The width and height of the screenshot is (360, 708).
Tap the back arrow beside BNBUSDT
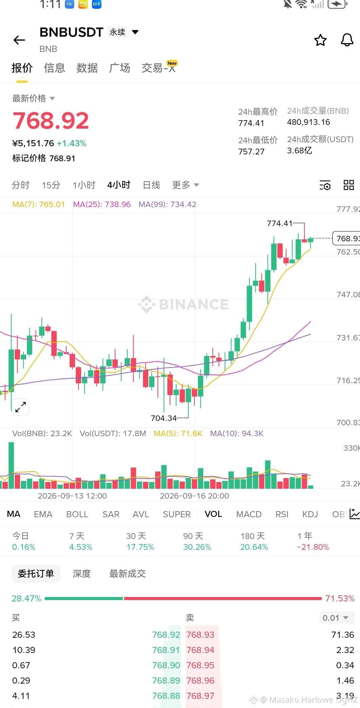(x=19, y=40)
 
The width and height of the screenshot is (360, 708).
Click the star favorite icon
(x=320, y=40)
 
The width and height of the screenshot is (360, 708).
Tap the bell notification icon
(x=347, y=40)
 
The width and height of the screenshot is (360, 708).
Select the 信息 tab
(x=54, y=68)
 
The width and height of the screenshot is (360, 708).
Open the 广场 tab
(x=119, y=68)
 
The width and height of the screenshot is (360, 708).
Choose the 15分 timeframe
(x=51, y=185)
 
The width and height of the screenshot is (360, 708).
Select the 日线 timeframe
(x=151, y=185)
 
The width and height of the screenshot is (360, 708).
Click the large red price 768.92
(x=51, y=120)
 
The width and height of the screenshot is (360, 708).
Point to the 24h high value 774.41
(x=251, y=123)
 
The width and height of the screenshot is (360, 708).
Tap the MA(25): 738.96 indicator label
(x=102, y=204)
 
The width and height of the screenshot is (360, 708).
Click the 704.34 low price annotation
(x=164, y=418)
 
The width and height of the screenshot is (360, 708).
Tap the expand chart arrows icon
(x=21, y=407)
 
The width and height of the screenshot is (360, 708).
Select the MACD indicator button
(x=249, y=514)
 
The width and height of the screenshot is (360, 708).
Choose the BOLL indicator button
(x=77, y=514)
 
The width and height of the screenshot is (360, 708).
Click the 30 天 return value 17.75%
(x=140, y=547)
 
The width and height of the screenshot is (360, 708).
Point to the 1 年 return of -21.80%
(x=313, y=547)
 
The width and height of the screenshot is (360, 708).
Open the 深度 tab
(x=82, y=574)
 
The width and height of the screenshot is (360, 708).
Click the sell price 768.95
(x=200, y=665)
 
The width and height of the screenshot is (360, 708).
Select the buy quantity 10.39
(x=24, y=650)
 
